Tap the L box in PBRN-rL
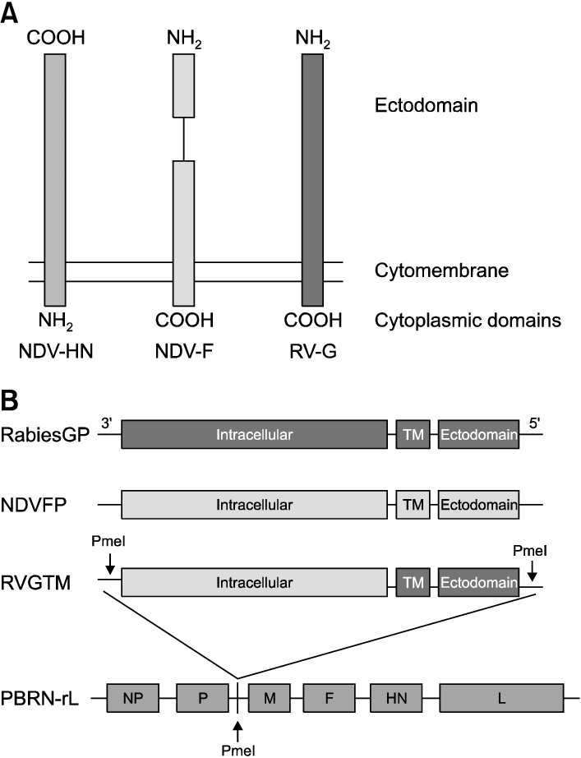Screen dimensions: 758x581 pos(501,699)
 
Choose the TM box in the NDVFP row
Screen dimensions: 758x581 pos(413,504)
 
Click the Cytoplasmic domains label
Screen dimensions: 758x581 pos(467,320)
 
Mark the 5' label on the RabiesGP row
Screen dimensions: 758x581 pos(534,422)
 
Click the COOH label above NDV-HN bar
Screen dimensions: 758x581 pos(55,38)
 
